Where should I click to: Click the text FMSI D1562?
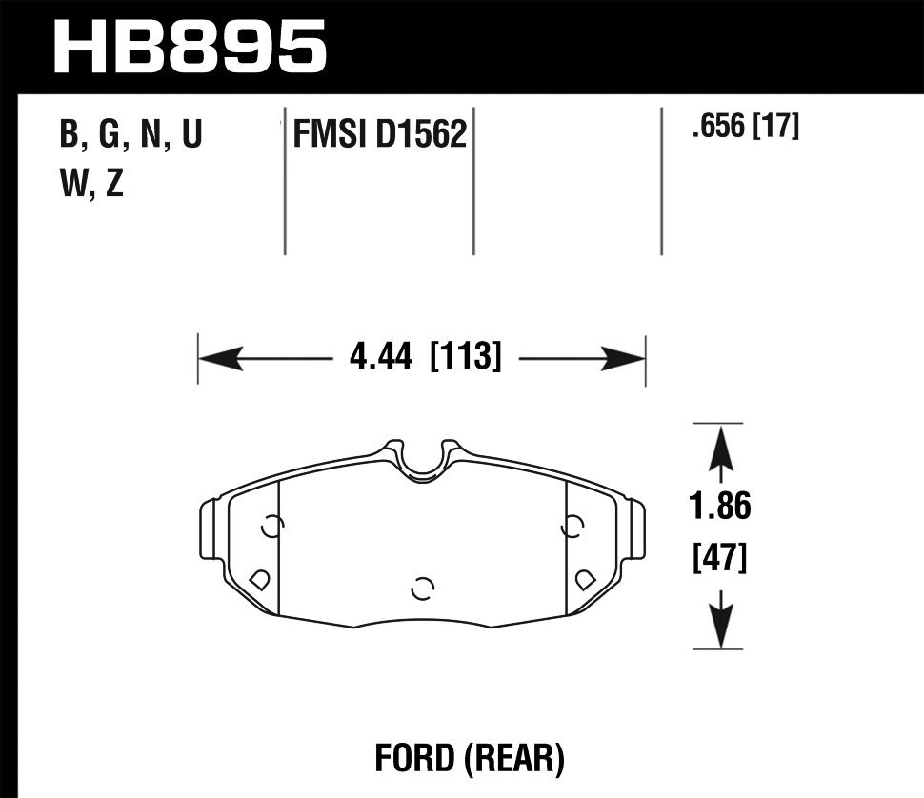pos(379,135)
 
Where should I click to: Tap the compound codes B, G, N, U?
pos(131,135)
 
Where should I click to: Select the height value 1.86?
pos(719,508)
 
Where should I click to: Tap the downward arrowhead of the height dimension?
pos(720,628)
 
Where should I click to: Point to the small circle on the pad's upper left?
pos(271,527)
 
